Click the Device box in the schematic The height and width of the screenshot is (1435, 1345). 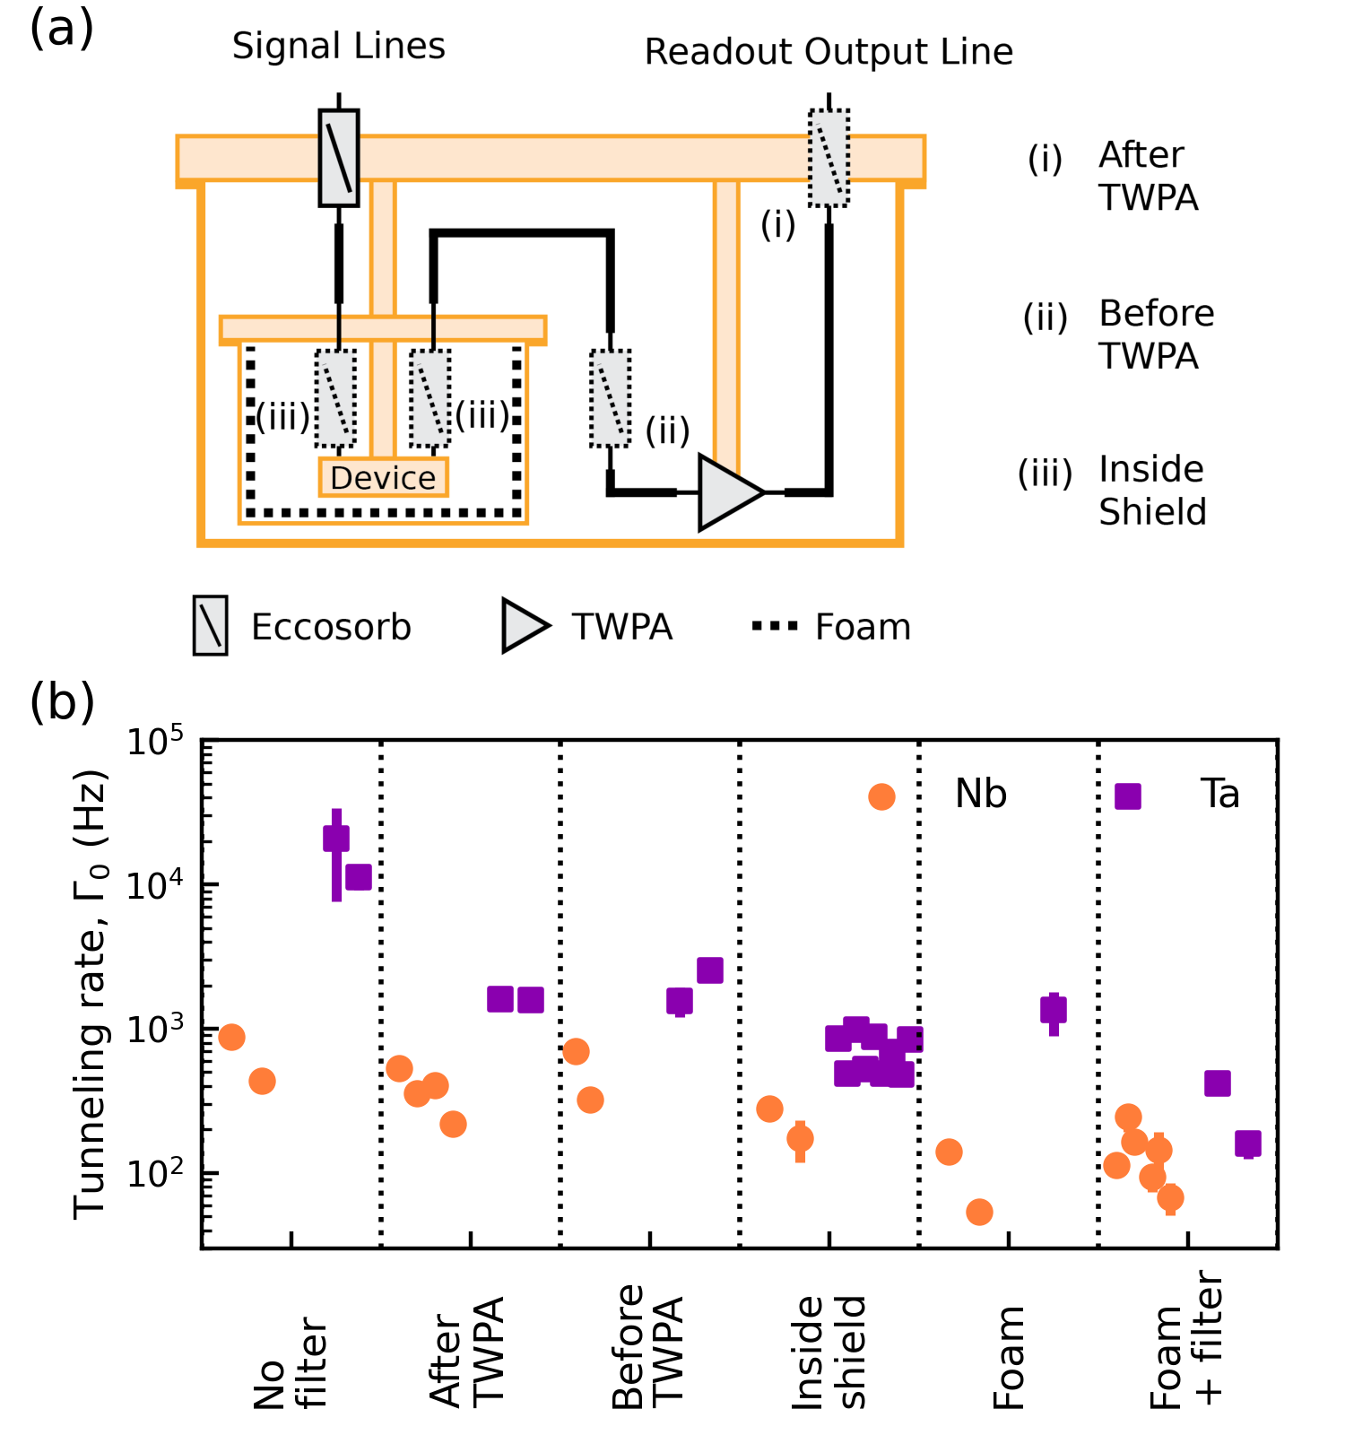(x=383, y=477)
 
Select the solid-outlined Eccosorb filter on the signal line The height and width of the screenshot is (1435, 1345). (x=339, y=158)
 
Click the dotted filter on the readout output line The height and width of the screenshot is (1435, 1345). (x=829, y=158)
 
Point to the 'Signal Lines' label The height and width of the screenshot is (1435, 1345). (x=338, y=46)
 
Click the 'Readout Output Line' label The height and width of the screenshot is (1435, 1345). (x=829, y=52)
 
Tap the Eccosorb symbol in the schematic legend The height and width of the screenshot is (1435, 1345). (x=211, y=625)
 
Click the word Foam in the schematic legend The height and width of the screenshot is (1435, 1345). (x=863, y=627)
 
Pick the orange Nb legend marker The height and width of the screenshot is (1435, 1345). (x=881, y=796)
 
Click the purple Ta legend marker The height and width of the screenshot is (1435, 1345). (x=1127, y=796)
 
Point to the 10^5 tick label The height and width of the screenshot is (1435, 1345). (x=154, y=743)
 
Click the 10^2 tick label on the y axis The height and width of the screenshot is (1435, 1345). (x=154, y=1173)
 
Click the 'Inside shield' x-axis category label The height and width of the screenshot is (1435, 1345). (x=829, y=1352)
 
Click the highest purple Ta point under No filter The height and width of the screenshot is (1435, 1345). (x=336, y=839)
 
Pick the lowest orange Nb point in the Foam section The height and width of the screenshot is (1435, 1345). (x=979, y=1213)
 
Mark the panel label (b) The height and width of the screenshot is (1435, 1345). (x=62, y=701)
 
